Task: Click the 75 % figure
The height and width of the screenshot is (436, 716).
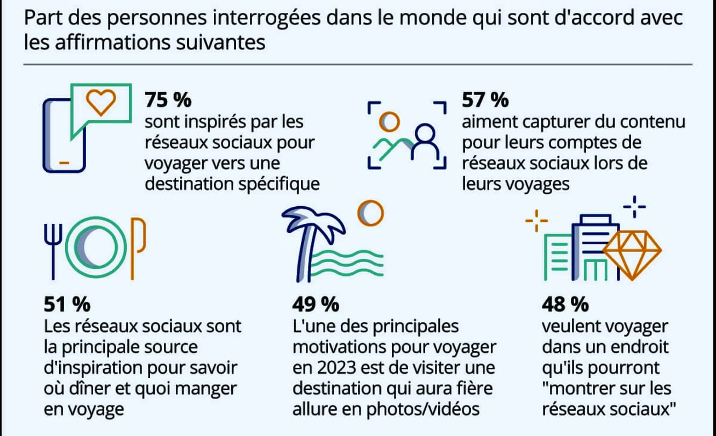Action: click(x=168, y=100)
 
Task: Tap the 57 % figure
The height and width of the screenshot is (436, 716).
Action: click(x=485, y=100)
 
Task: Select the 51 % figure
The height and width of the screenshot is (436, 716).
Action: click(x=67, y=304)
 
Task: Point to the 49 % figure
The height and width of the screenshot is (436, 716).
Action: click(x=316, y=304)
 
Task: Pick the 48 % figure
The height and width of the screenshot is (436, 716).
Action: click(x=565, y=304)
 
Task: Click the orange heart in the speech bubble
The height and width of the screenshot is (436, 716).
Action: click(x=102, y=103)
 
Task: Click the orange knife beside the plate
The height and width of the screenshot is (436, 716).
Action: click(x=140, y=244)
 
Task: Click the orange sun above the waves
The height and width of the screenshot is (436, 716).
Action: click(x=371, y=213)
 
